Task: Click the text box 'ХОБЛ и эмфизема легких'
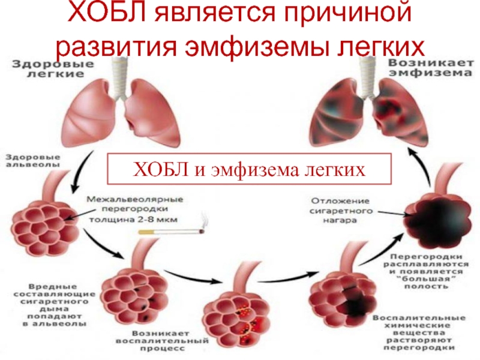248,169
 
